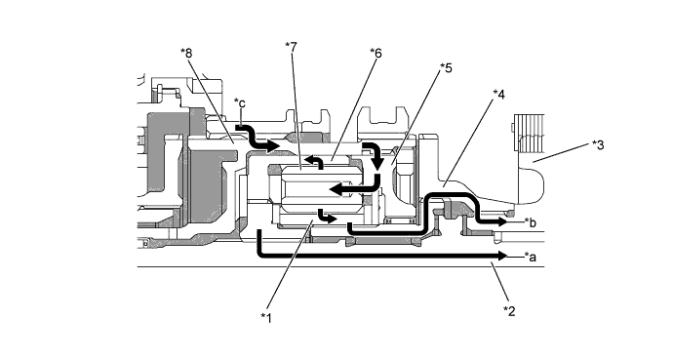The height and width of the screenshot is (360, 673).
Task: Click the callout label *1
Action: pos(266,318)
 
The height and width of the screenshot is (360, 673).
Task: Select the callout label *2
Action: pos(509,310)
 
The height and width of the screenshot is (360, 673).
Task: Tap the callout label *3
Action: pos(598,145)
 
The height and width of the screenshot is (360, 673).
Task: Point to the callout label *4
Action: pos(498,95)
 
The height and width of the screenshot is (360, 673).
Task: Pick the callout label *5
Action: pos(446,67)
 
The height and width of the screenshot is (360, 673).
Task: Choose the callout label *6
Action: pos(376,54)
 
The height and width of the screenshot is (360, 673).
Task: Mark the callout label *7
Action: pos(291,47)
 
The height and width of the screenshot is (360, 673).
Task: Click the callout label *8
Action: pos(186,54)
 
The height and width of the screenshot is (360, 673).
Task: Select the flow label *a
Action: pos(531,257)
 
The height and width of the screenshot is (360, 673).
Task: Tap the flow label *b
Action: pos(531,222)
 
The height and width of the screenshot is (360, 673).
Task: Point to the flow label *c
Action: pos(240,103)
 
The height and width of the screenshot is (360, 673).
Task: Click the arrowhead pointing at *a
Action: pos(502,256)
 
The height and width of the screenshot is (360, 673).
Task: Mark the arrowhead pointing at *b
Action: pos(502,221)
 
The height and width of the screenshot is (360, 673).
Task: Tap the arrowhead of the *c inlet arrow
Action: pos(273,146)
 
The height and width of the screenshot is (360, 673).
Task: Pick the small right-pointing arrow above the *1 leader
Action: pos(327,217)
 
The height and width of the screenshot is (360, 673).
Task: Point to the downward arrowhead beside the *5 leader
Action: pos(378,164)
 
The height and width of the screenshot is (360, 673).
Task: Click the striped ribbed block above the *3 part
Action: pos(529,133)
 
